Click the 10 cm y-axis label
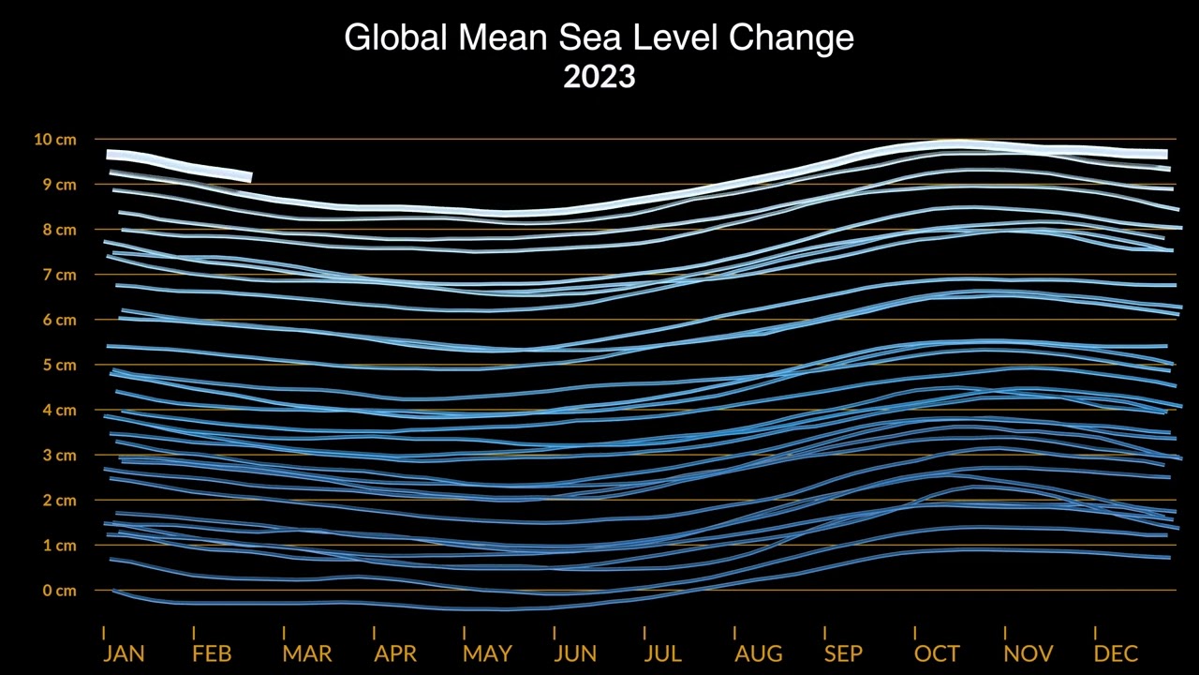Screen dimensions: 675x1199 (54, 140)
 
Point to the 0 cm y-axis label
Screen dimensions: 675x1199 (57, 591)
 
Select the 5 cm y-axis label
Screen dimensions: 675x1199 (57, 365)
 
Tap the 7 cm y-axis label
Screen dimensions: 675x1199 (57, 275)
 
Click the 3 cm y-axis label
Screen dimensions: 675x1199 (57, 456)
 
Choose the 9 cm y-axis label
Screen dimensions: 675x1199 (57, 185)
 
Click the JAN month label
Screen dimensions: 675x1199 (124, 653)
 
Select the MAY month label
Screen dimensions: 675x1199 (487, 653)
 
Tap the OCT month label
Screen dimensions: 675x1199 (937, 653)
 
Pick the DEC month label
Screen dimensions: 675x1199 (1117, 653)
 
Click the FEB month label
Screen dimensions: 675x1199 (212, 653)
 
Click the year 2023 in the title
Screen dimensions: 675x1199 (599, 76)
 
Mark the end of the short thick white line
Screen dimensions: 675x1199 (249, 176)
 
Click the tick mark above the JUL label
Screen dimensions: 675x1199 (644, 632)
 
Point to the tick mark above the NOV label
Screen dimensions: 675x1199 (1005, 632)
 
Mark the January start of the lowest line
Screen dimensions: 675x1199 (113, 590)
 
